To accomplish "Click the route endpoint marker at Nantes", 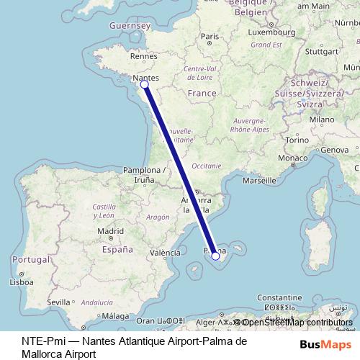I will tap(144, 84).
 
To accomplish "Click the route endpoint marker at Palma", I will tap(215, 256).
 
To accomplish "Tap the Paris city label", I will tap(210, 36).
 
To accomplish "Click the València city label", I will tap(165, 253).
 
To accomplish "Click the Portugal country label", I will tap(30, 259).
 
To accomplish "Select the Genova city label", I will tap(334, 150).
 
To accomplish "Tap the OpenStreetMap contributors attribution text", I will tap(297, 323).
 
